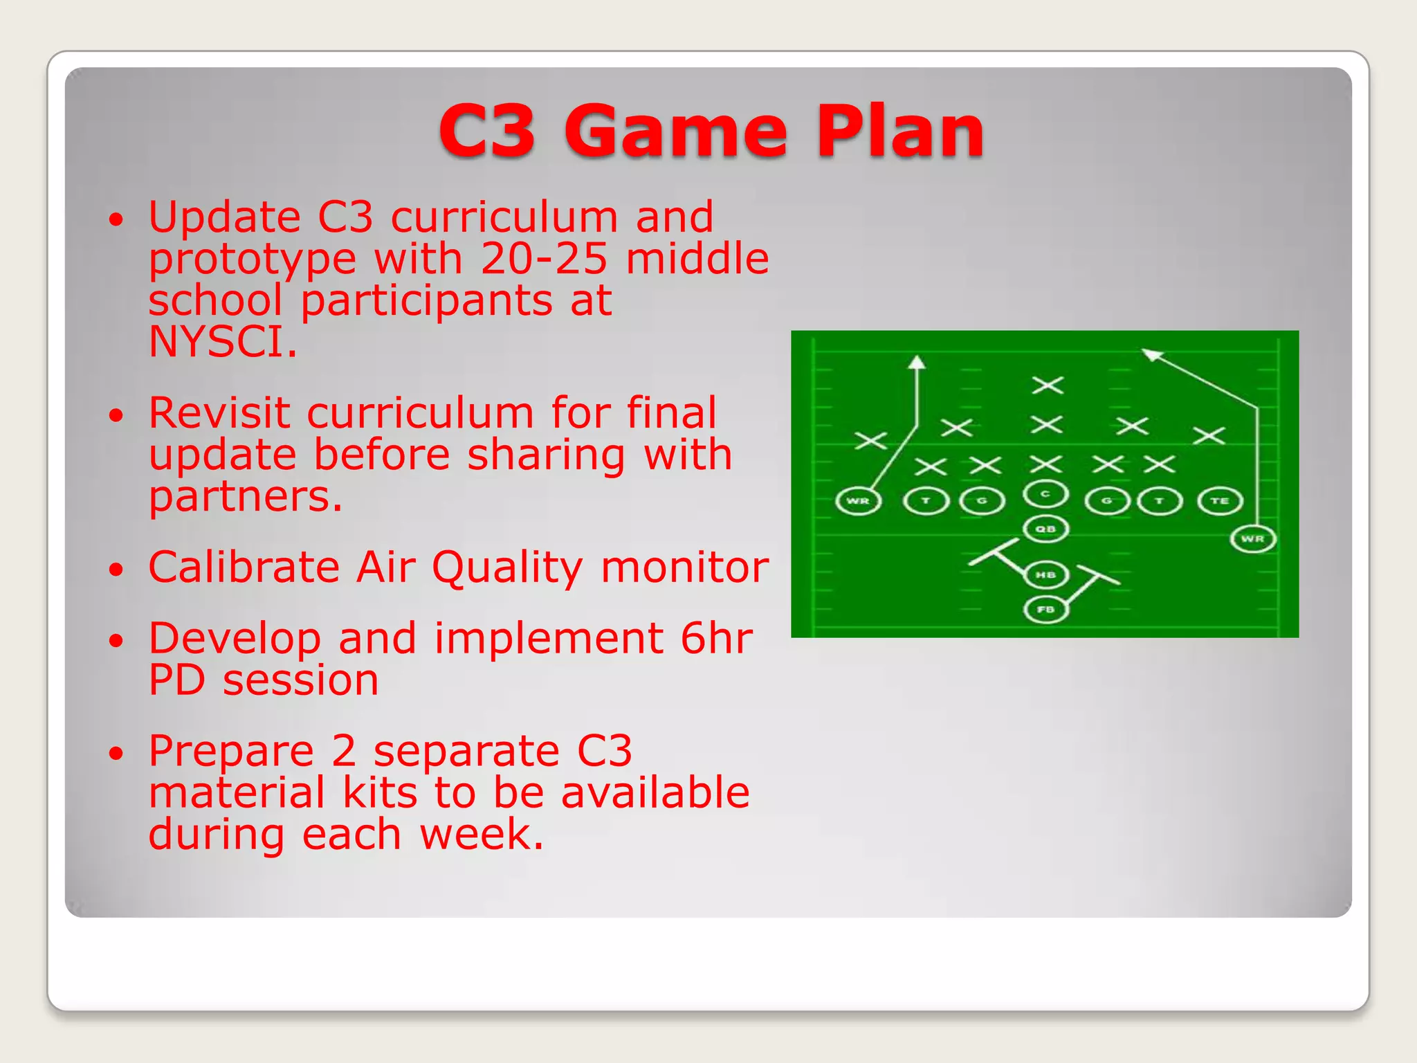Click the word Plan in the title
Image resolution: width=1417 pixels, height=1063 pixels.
pyautogui.click(x=900, y=131)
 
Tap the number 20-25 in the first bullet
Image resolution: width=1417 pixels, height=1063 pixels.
pyautogui.click(x=544, y=259)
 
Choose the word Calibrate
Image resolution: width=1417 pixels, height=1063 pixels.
pyautogui.click(x=244, y=567)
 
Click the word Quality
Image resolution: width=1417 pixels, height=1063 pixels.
pyautogui.click(x=508, y=569)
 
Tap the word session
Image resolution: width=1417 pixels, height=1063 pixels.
pyautogui.click(x=300, y=680)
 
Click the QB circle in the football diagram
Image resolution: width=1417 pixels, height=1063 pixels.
pyautogui.click(x=1045, y=529)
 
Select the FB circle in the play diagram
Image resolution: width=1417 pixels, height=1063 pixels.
pyautogui.click(x=1045, y=610)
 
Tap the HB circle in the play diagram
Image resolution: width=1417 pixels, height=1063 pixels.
pyautogui.click(x=1045, y=574)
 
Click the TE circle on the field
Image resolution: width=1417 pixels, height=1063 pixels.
pyautogui.click(x=1220, y=501)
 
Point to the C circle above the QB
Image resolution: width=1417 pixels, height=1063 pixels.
pyautogui.click(x=1045, y=494)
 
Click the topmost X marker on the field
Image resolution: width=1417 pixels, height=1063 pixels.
pyautogui.click(x=1047, y=385)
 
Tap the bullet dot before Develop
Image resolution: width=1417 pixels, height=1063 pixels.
pyautogui.click(x=116, y=639)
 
